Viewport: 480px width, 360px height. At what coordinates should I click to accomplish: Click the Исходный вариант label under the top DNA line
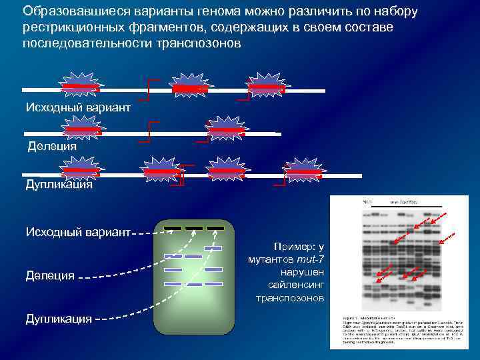click(78, 107)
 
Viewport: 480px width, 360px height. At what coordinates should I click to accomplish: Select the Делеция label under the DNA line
click(52, 145)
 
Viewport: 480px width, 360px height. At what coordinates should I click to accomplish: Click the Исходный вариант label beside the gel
click(78, 232)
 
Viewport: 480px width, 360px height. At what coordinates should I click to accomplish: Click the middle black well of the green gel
click(194, 228)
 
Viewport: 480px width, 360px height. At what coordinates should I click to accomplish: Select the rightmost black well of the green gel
click(215, 228)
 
